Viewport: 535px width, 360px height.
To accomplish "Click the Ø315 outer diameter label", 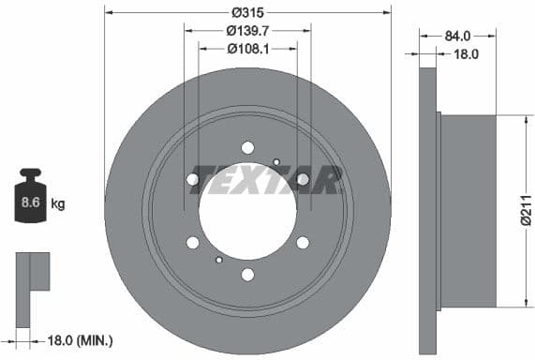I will (248, 12).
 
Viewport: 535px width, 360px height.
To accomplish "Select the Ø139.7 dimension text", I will (247, 30).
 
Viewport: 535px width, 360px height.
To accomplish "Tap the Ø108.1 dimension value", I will (247, 48).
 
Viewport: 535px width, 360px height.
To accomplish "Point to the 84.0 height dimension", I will (457, 36).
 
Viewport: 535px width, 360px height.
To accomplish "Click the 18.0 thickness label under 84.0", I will (466, 54).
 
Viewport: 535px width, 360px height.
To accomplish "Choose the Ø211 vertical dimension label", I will (527, 211).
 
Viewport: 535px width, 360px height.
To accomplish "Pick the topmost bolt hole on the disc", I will (247, 147).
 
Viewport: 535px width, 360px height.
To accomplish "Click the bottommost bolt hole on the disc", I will (247, 275).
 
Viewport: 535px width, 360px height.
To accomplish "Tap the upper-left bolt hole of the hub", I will (193, 179).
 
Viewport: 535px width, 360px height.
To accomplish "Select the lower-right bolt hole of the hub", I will (303, 243).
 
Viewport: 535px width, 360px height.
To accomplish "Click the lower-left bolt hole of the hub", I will (193, 243).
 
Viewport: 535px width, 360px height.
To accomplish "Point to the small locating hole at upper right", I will (276, 162).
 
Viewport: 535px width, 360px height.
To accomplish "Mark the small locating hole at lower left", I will (218, 260).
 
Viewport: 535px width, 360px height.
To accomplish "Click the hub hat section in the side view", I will (468, 210).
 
